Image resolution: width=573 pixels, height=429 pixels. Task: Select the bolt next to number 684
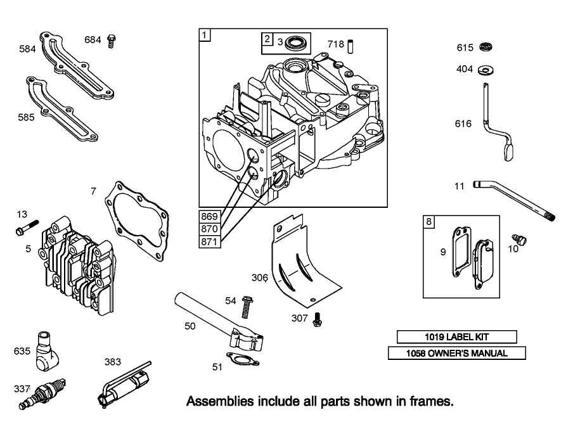tap(112, 41)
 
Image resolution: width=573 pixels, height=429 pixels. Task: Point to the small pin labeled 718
tap(356, 46)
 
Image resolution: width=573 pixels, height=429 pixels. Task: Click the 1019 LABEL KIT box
tap(456, 336)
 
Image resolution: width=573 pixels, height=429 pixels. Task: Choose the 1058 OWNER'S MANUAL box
tap(456, 353)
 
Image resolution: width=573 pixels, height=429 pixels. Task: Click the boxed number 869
tap(209, 215)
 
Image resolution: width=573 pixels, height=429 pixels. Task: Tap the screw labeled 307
tap(317, 320)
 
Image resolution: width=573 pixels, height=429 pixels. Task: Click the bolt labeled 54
tap(245, 306)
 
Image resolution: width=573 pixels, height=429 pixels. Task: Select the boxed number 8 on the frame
tap(429, 222)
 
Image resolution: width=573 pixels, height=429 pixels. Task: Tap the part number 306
tap(260, 278)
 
